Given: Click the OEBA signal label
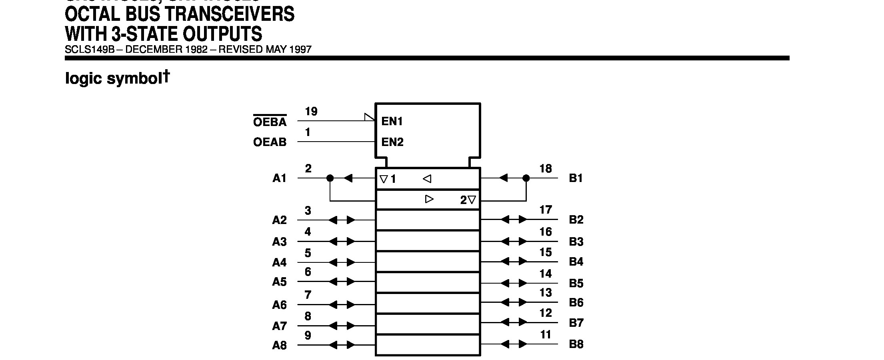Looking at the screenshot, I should click(270, 122).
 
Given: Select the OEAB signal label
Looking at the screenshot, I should click(270, 142).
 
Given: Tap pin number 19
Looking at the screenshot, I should click(311, 112).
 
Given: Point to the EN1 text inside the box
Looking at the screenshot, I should click(392, 122).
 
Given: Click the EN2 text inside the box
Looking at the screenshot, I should click(392, 142).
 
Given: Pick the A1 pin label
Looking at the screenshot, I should click(280, 178).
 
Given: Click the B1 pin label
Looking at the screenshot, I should click(576, 178).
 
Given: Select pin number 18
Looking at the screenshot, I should click(546, 169).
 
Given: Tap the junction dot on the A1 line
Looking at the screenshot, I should click(330, 178).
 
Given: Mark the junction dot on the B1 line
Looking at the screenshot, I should click(526, 178).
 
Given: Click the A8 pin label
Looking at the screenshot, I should click(280, 345).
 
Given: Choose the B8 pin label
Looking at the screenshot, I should click(576, 344).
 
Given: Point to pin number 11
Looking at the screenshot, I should click(546, 334).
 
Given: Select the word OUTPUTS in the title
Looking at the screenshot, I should click(222, 34).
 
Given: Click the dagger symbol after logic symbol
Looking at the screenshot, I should click(166, 76).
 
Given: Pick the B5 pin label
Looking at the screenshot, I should click(576, 283).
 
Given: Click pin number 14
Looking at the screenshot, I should click(546, 274).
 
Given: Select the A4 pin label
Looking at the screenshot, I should click(280, 262).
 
